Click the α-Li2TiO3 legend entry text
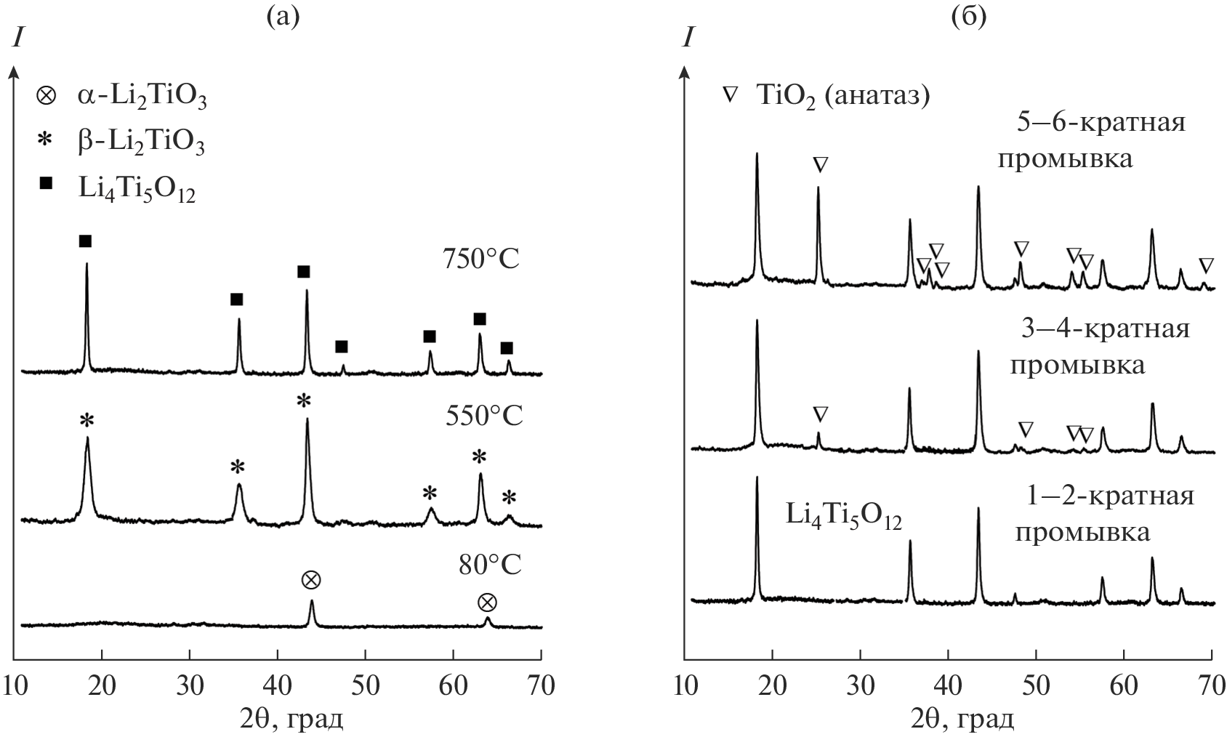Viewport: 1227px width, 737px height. [142, 97]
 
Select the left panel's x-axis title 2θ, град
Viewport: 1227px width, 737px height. [291, 720]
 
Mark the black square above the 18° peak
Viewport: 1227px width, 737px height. [86, 241]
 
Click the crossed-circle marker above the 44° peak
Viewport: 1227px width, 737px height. [311, 580]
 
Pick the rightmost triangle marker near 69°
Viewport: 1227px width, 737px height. [1206, 265]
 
